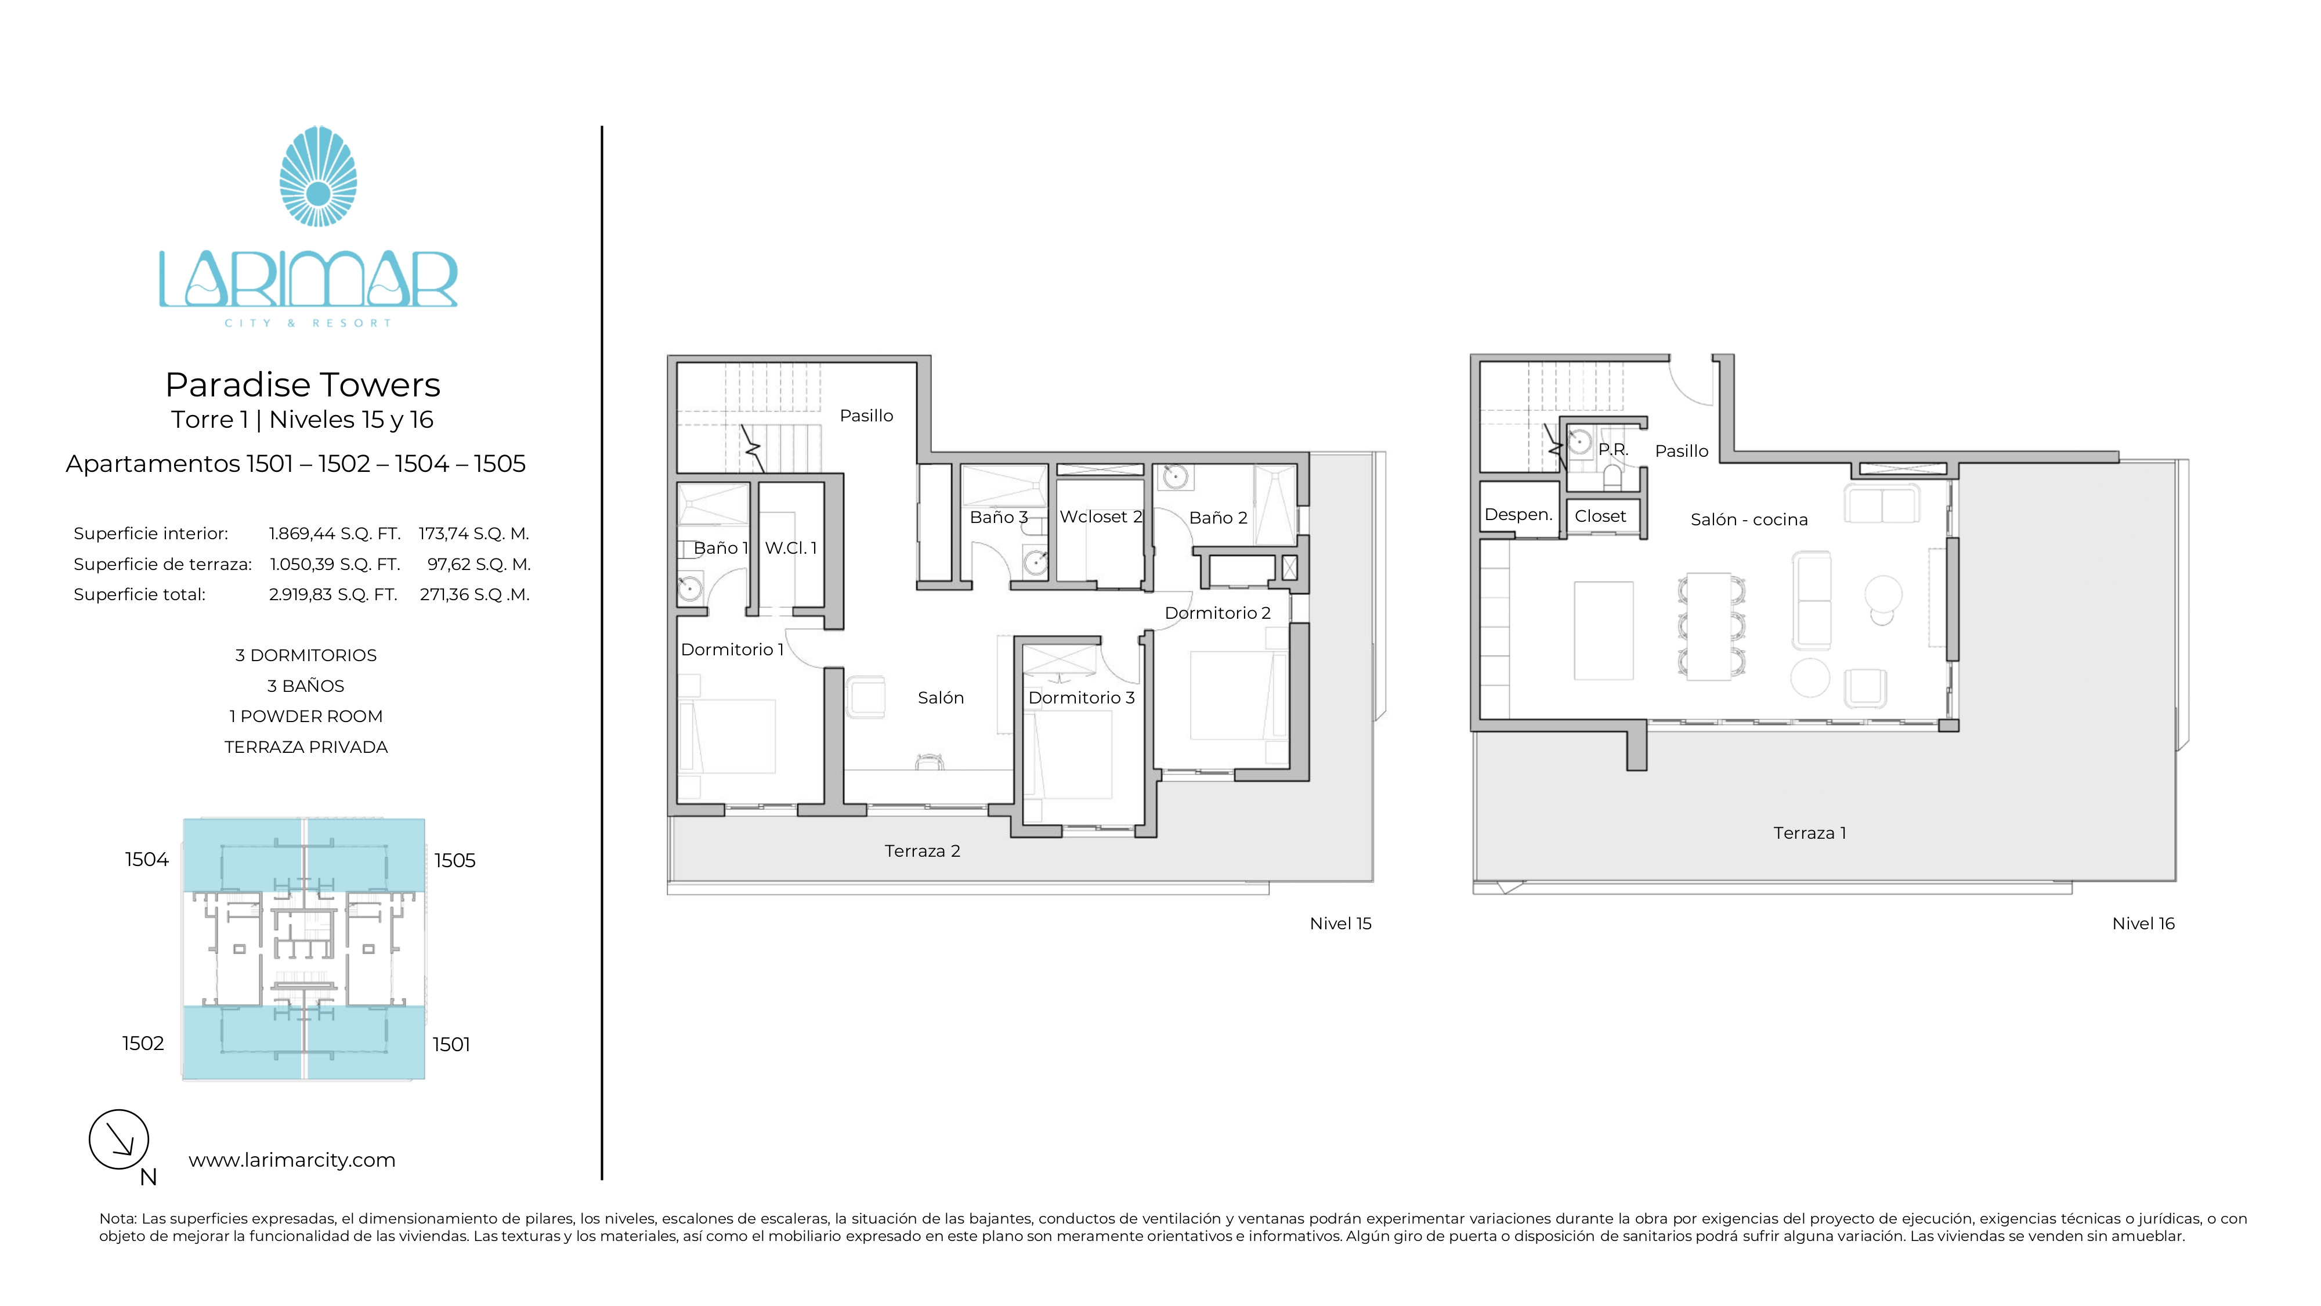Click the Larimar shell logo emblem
point(318,176)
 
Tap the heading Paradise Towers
point(303,385)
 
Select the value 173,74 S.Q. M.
point(474,533)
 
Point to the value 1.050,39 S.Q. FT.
point(335,564)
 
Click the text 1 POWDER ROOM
point(305,716)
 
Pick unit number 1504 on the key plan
point(147,860)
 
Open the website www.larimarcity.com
point(292,1160)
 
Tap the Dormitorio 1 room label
point(732,650)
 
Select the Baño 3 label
point(998,517)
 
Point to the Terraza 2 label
point(922,851)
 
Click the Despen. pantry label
point(1518,515)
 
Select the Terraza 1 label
point(1809,834)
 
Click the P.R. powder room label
point(1613,450)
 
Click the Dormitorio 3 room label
point(1081,698)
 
